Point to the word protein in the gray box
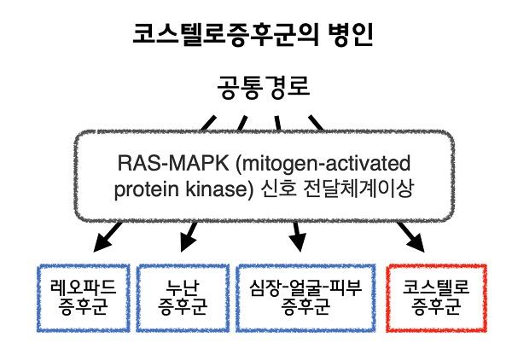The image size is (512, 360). click(143, 189)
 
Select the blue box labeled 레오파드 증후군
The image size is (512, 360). click(78, 298)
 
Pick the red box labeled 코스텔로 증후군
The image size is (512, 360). click(435, 298)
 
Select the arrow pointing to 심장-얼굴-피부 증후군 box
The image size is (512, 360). click(296, 236)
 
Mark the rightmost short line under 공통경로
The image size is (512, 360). click(317, 122)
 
